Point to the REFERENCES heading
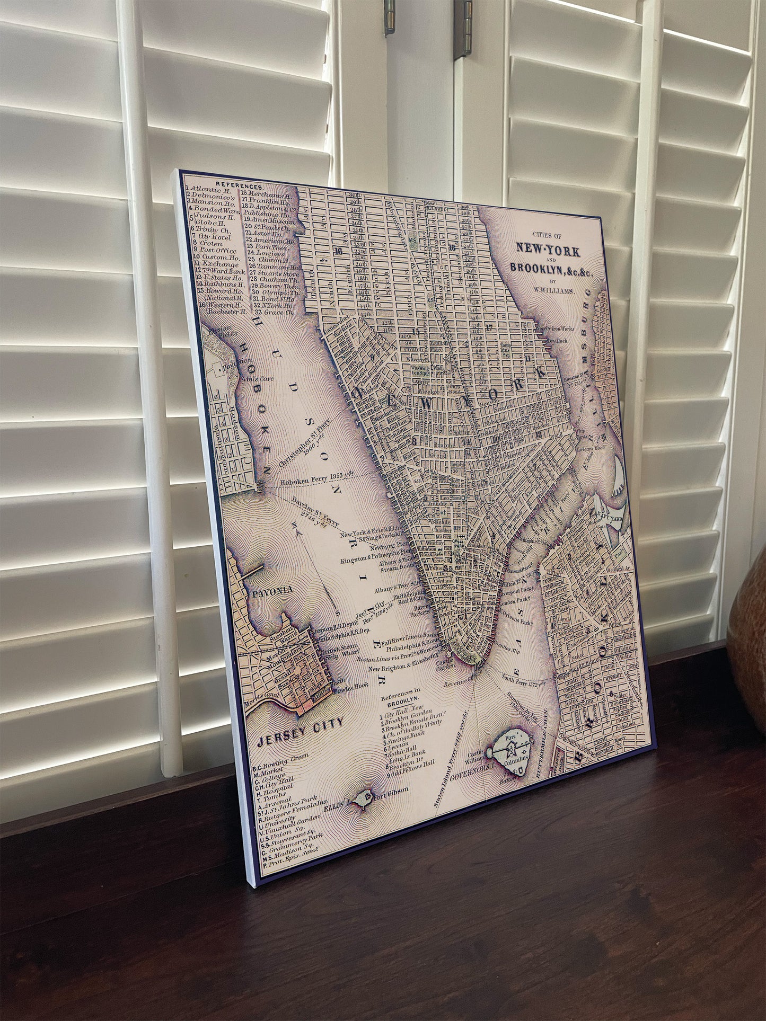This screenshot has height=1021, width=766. click(x=242, y=187)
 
